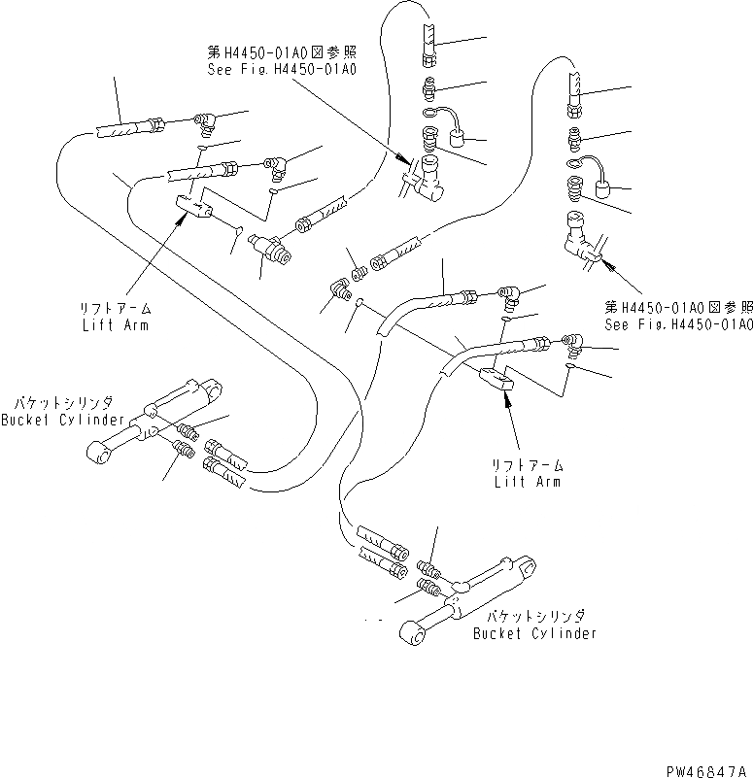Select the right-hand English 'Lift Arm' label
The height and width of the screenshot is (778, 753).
pyautogui.click(x=527, y=481)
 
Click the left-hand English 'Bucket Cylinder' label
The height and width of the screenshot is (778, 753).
pyautogui.click(x=62, y=420)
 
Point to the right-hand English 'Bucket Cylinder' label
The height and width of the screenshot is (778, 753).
pyautogui.click(x=534, y=633)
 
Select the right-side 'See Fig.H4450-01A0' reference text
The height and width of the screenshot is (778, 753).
pyautogui.click(x=678, y=324)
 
